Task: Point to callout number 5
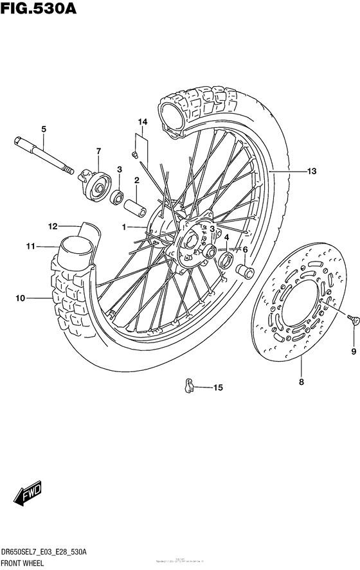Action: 44,130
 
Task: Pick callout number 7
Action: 98,152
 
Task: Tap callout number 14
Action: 142,121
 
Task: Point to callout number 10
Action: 20,298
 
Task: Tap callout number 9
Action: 352,351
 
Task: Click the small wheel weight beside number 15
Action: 187,386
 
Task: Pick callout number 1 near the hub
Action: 126,227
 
